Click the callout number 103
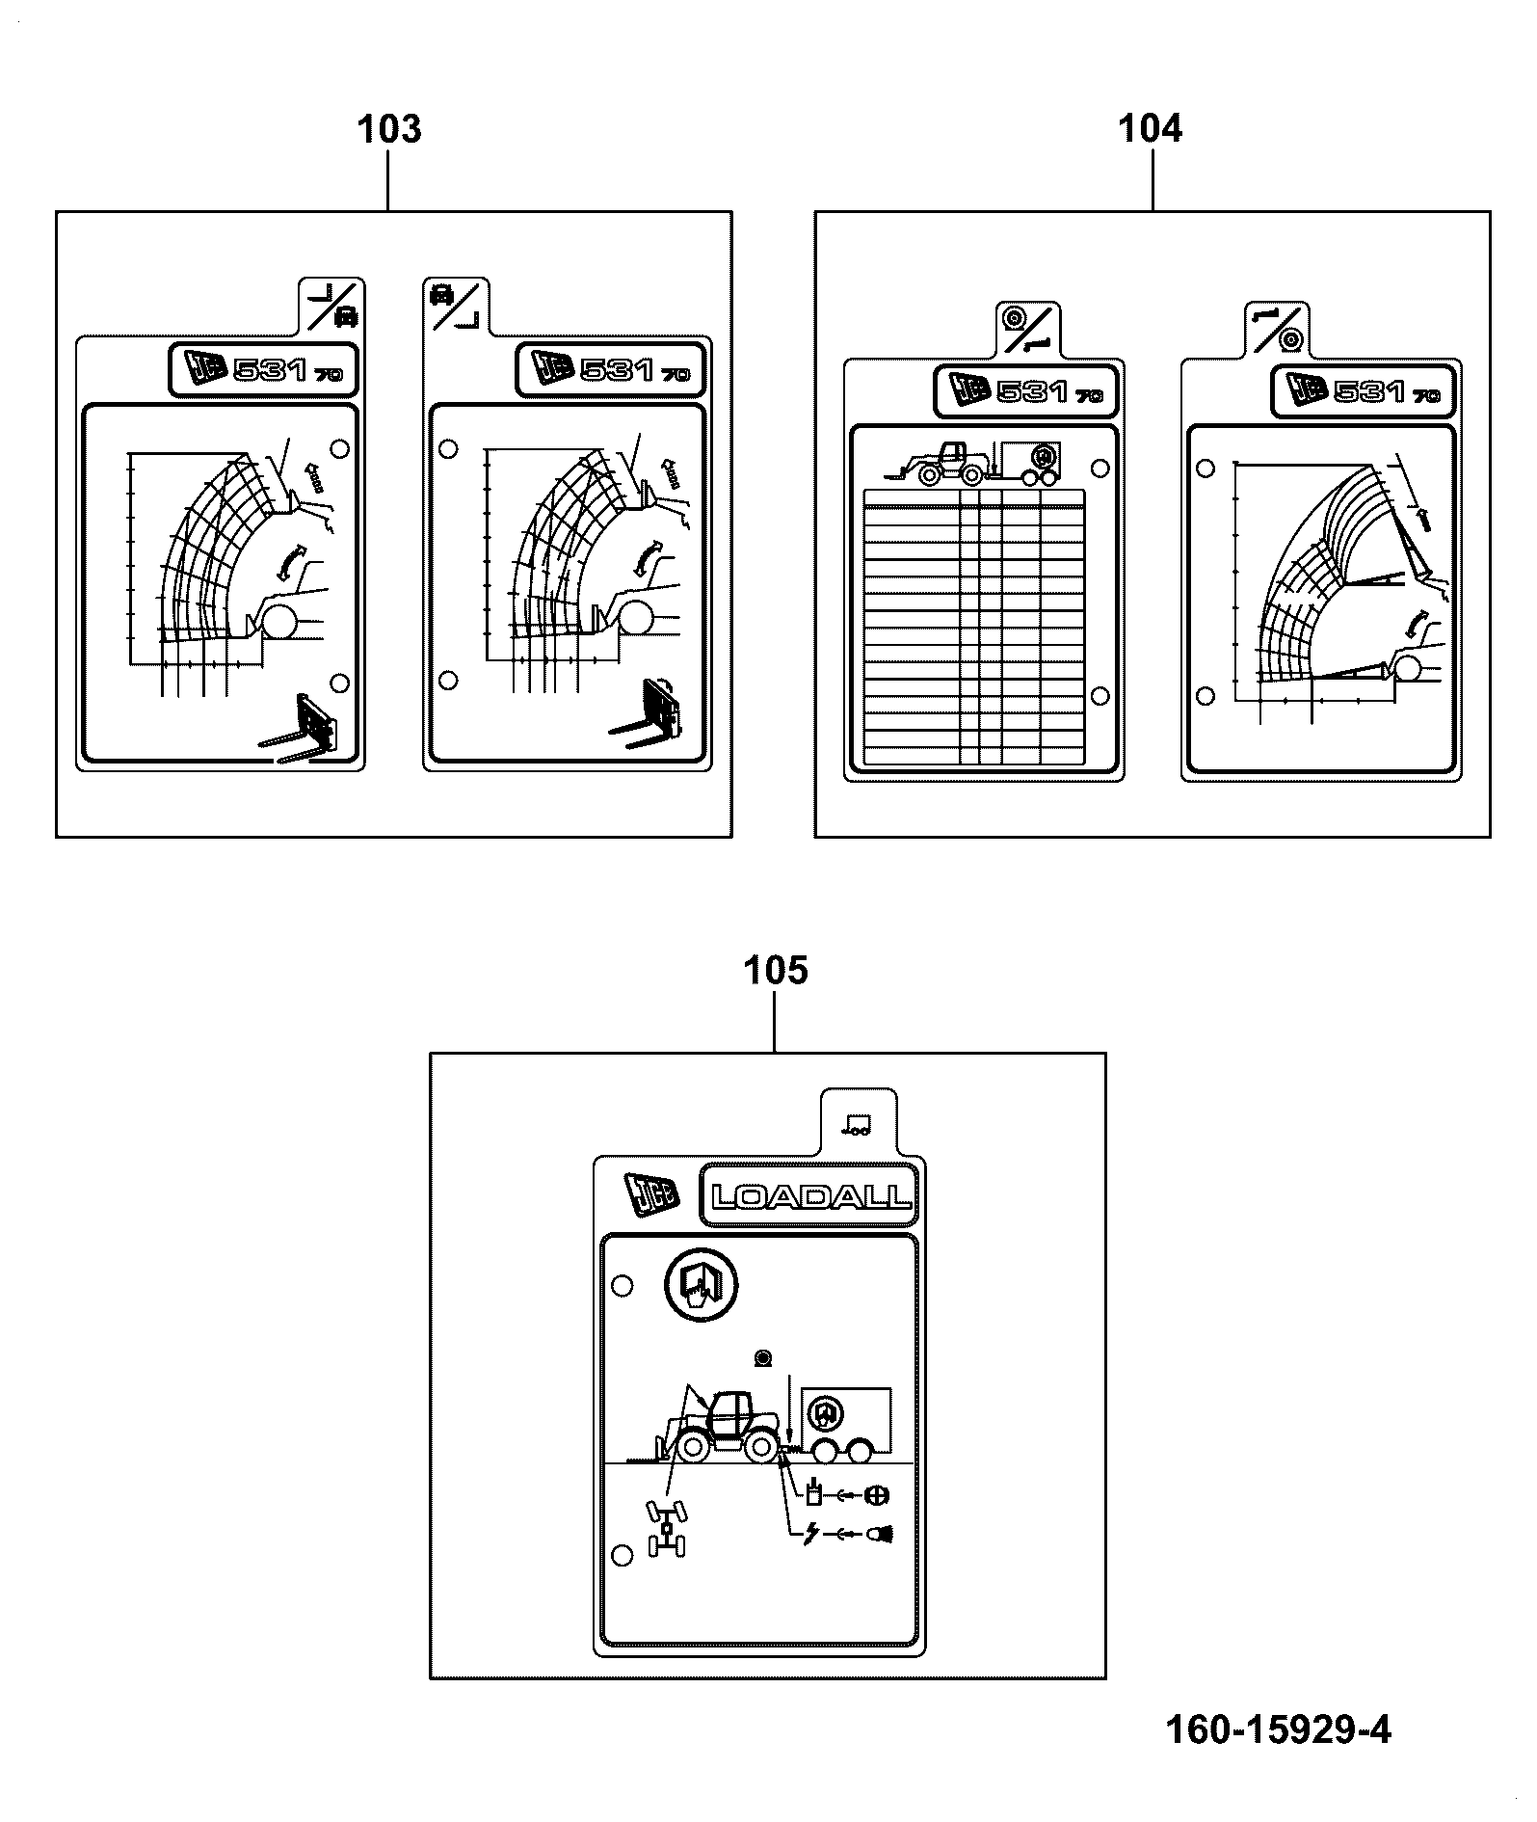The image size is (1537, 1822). (389, 129)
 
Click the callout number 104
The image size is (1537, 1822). (1150, 128)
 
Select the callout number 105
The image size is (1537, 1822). (776, 971)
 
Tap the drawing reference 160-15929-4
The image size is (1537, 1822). (1279, 1728)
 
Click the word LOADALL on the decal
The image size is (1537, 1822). (810, 1197)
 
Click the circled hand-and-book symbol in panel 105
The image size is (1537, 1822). (701, 1285)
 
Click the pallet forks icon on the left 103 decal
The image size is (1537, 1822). (304, 729)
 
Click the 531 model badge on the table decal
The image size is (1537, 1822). (1027, 391)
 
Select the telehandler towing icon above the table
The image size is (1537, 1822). (973, 463)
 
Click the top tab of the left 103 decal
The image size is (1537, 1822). (331, 306)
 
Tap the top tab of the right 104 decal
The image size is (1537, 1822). (1280, 329)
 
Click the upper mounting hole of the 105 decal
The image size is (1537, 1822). (623, 1285)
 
